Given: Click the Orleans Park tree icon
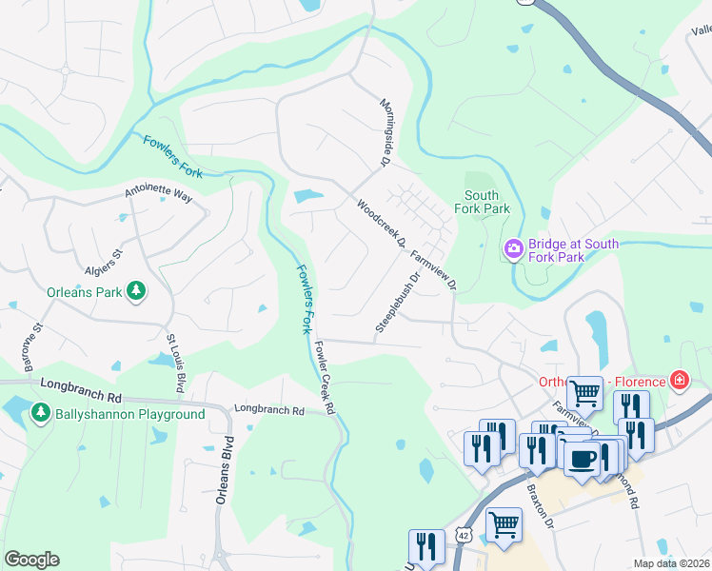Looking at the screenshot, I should (137, 292).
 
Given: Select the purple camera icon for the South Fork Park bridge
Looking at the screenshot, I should (514, 249).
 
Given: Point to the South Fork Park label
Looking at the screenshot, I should (482, 202).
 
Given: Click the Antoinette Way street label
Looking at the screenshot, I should (158, 194).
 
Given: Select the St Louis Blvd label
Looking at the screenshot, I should (175, 363).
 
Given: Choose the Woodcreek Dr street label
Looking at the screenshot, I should (381, 222).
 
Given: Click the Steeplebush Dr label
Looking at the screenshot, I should (398, 303).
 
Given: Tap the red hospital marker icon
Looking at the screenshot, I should (679, 382).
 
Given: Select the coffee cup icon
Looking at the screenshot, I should (581, 459).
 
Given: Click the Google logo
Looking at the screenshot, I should (31, 559).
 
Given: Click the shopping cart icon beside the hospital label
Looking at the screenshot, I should (583, 391).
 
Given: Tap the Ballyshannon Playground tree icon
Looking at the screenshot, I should (40, 414).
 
